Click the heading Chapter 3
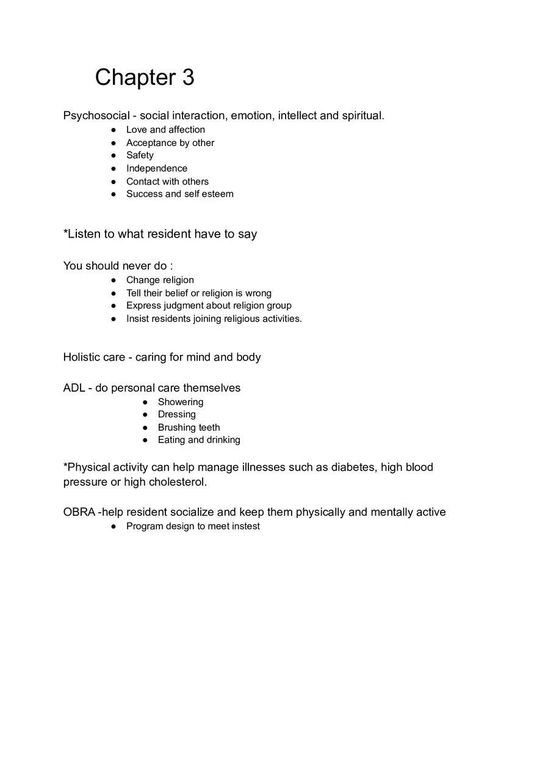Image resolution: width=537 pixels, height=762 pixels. [145, 78]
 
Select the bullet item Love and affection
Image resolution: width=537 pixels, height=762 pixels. [165, 130]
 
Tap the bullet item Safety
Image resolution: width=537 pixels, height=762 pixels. [140, 155]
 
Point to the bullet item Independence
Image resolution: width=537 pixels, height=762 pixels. [157, 168]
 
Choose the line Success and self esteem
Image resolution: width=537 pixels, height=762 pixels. [179, 194]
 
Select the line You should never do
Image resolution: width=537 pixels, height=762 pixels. [118, 266]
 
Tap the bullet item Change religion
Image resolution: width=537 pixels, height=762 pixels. [160, 280]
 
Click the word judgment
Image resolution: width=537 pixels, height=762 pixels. [186, 306]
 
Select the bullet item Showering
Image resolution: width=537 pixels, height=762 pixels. [181, 402]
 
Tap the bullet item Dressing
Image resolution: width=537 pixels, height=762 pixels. [177, 414]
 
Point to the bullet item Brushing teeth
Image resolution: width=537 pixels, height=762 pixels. [189, 428]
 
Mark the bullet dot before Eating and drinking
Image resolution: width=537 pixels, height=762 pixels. [145, 440]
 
